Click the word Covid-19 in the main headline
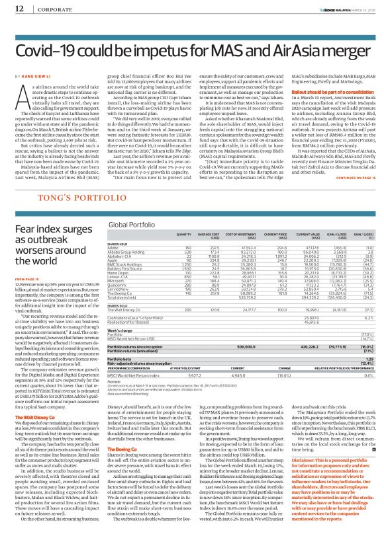[x=49, y=50]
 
